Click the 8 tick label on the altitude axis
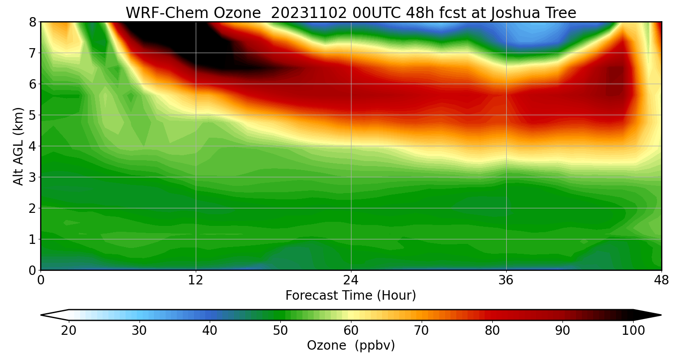33,22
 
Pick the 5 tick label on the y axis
33,115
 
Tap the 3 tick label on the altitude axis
33,177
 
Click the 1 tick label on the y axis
33,239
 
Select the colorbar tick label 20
69,331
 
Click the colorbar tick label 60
351,331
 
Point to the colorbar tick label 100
633,331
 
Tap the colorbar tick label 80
492,331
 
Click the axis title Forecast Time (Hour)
351,296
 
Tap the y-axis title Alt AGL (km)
18,146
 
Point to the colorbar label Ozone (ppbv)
351,346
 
